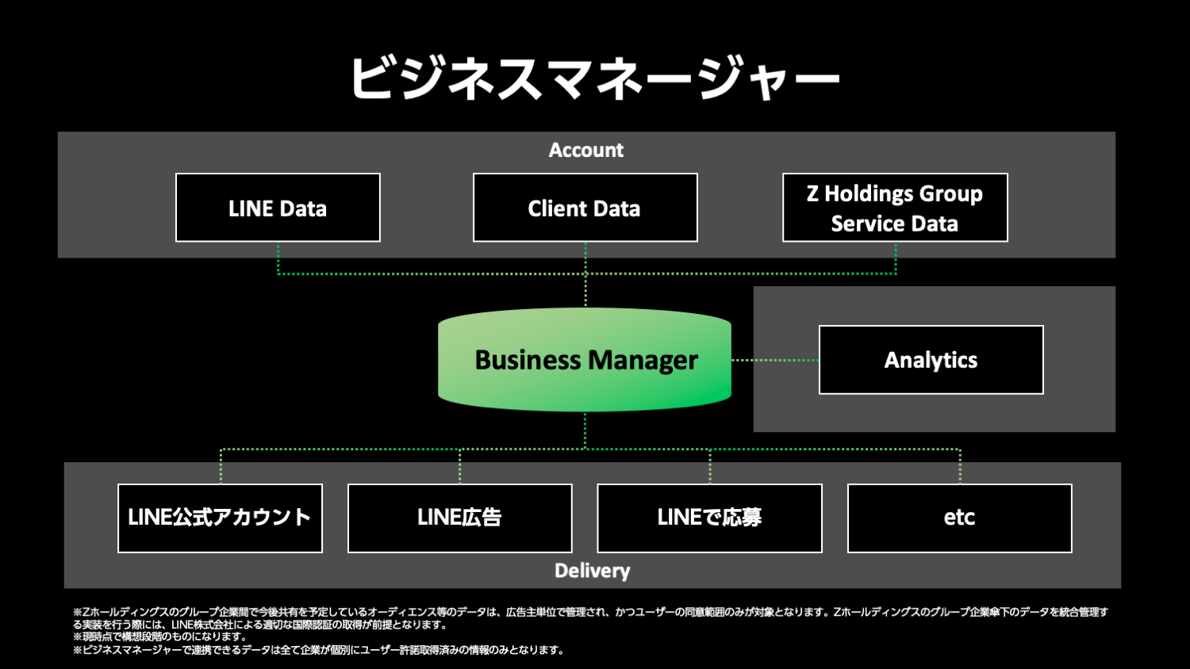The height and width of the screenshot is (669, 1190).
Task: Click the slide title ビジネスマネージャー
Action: coord(594,78)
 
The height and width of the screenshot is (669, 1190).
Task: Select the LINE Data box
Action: coord(278,208)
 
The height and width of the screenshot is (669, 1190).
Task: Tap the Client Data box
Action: coord(585,208)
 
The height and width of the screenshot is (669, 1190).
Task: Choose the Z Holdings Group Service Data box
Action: coord(895,208)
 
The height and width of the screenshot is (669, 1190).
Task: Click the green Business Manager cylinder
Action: coord(585,360)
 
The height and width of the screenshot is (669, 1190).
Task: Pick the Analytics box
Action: coord(931,360)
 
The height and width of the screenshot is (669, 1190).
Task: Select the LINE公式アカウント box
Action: coord(220,518)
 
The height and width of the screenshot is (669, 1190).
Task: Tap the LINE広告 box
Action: coord(459,518)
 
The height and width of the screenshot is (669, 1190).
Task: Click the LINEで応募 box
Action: coord(709,518)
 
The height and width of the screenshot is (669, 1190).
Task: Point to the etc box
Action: coord(959,518)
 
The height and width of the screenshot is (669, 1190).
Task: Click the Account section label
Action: coord(586,150)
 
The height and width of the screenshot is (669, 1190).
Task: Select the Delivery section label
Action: coord(592,571)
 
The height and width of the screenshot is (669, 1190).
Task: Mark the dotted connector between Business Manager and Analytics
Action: coord(774,360)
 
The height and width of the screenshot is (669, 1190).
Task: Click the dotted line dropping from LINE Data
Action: coord(278,258)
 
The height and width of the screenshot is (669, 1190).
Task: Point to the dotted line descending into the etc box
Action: coord(960,467)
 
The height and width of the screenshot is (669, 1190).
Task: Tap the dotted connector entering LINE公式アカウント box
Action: coord(221,467)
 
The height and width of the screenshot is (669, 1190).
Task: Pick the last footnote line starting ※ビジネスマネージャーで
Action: coord(318,650)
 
